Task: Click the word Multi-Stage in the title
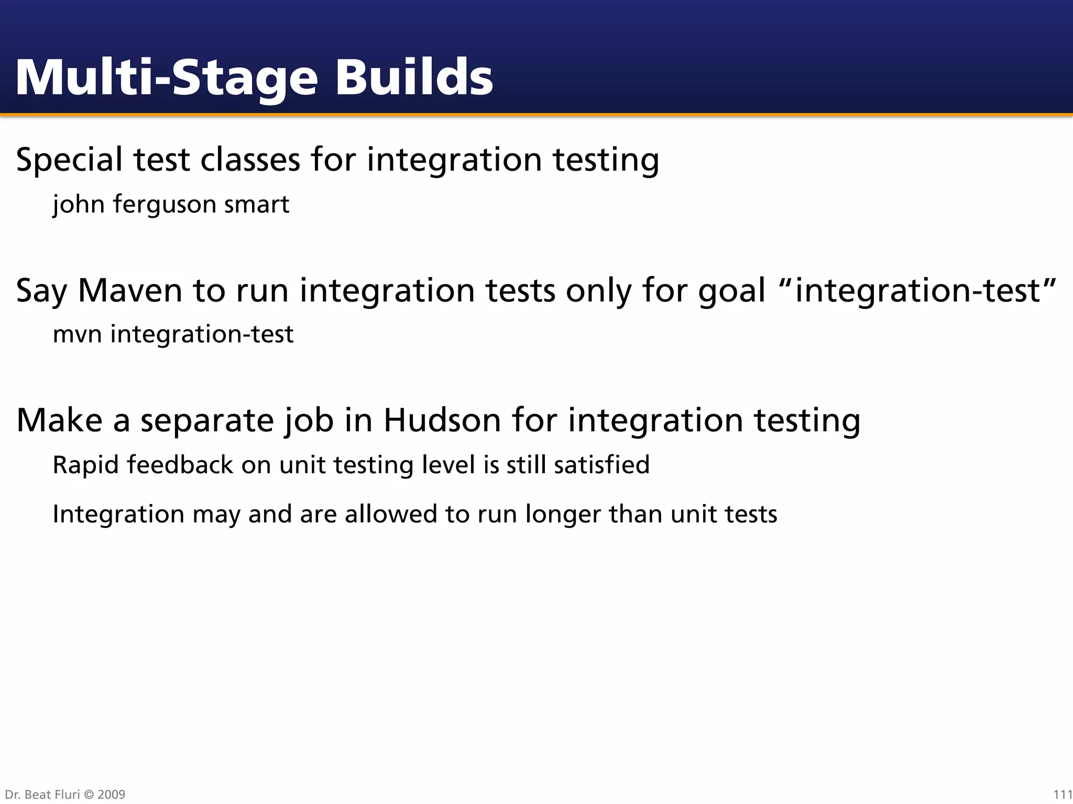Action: pos(167,79)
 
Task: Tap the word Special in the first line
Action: pos(70,160)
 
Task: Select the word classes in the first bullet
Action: pos(250,159)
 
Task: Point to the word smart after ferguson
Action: pos(257,205)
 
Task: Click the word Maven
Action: pos(130,290)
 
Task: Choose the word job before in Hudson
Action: pos(309,421)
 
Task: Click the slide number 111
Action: pos(1063,795)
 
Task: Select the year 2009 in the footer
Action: pos(111,795)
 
